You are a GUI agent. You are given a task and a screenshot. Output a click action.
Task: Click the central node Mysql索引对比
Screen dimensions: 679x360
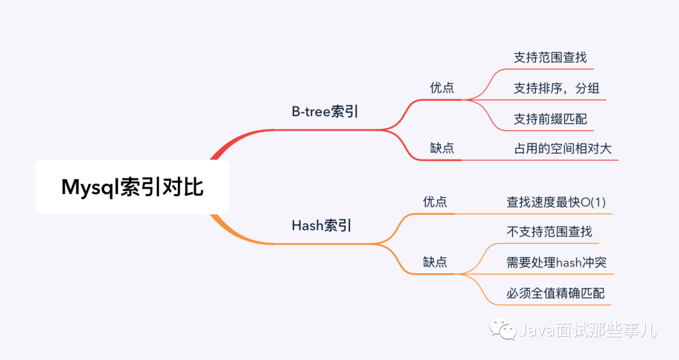(132, 187)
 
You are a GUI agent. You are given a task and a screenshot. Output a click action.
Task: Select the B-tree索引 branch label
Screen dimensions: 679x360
(324, 112)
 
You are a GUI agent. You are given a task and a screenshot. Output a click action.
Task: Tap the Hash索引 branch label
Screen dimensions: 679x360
(321, 226)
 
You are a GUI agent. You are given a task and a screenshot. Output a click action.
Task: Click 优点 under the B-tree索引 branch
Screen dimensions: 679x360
(442, 87)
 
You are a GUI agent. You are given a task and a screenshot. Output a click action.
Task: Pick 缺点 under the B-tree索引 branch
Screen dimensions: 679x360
(442, 148)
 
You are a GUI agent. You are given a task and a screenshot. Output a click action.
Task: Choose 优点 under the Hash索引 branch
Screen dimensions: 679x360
(435, 202)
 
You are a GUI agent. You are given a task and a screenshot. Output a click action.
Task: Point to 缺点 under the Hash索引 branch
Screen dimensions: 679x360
(435, 262)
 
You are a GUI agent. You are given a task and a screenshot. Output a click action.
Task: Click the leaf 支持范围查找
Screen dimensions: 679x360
(550, 57)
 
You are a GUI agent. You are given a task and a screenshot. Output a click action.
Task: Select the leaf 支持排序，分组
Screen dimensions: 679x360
(556, 88)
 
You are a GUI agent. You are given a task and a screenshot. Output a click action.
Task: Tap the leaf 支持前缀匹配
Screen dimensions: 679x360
(550, 119)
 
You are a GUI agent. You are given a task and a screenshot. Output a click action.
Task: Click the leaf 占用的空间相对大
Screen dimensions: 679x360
(563, 149)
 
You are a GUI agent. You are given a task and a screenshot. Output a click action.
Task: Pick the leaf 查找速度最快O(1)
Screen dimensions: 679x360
(556, 202)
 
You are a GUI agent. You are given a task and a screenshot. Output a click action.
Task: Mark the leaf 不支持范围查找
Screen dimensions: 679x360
(549, 232)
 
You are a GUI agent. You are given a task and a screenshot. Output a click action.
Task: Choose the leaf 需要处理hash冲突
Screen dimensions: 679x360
(556, 263)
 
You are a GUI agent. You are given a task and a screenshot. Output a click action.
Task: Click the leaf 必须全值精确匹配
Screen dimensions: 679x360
(556, 293)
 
